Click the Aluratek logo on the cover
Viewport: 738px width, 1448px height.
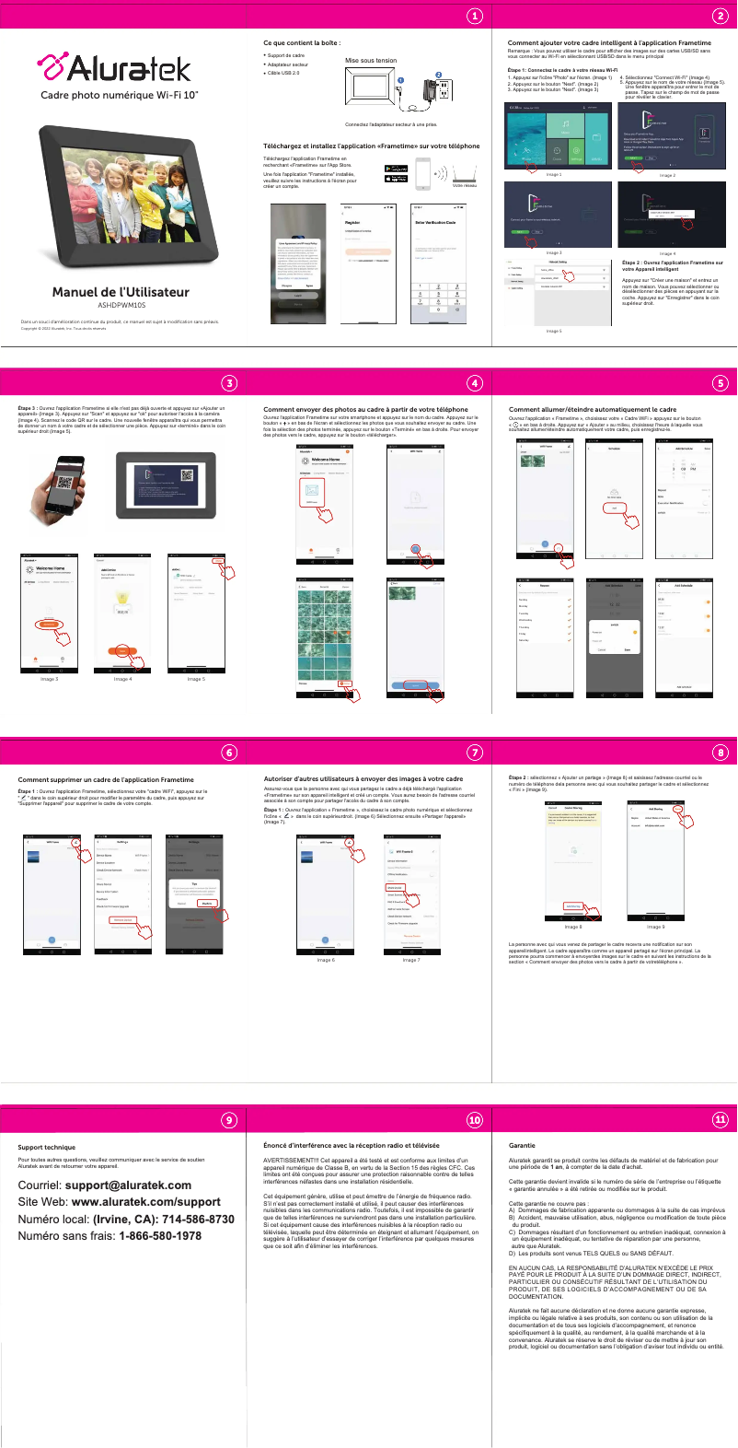114,68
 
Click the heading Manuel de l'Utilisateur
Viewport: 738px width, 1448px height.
121,292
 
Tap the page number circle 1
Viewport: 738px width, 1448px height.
474,16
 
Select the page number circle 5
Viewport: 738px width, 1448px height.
721,383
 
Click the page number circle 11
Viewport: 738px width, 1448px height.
721,1119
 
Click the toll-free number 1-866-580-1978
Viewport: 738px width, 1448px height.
160,1235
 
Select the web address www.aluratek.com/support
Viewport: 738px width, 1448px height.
145,1202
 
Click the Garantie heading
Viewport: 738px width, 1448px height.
522,1146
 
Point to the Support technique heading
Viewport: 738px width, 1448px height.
47,1148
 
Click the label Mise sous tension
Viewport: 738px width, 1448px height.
371,61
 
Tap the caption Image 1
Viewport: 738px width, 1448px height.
554,174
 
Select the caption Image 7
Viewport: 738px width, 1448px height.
410,960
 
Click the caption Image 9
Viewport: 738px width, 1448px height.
656,927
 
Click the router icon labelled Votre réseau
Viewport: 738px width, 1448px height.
464,173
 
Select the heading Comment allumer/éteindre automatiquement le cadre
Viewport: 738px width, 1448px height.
592,409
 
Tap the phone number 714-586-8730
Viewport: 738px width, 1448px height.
196,1219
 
